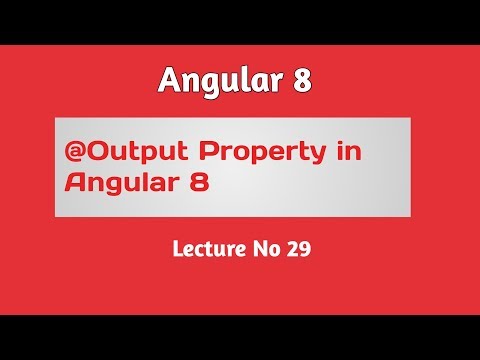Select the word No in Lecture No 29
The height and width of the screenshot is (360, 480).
pyautogui.click(x=267, y=249)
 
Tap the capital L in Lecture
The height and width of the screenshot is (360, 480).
pyautogui.click(x=177, y=249)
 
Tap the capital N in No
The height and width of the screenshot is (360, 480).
pyautogui.click(x=261, y=249)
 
